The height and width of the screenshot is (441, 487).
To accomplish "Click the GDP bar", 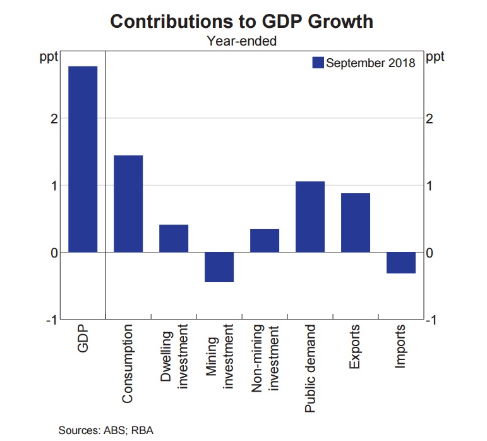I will point(83,159).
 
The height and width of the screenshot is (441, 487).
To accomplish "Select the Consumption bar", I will point(128,204).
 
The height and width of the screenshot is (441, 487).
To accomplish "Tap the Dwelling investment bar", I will point(174,239).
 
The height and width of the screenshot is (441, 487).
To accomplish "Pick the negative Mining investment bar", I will point(219,267).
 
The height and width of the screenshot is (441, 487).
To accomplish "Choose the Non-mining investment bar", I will point(265,240).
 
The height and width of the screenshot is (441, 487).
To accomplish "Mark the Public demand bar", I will point(310,216).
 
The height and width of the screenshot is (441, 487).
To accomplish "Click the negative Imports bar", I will point(401,263).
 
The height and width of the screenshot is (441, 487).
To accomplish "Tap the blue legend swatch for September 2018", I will point(318,63).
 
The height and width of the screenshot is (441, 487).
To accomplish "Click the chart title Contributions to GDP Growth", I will point(242,22).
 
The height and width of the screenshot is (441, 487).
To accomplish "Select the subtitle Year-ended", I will point(242,42).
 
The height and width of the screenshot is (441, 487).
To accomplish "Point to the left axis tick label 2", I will point(54,118).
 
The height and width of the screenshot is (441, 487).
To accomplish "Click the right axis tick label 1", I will point(430,185).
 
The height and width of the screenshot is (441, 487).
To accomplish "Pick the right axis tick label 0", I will point(430,253).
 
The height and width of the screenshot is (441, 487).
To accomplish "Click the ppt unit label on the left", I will point(49,57).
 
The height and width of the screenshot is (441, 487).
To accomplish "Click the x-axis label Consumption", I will point(128,364).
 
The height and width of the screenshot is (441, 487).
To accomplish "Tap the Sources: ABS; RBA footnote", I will point(106,431).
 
